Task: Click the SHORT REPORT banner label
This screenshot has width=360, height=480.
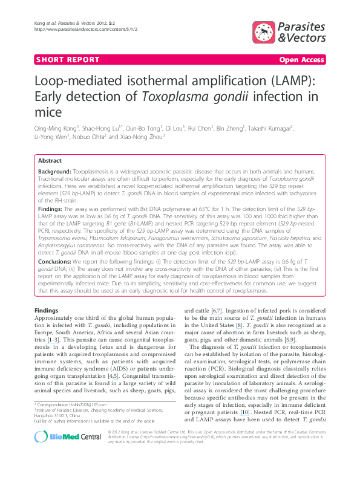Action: (x=68, y=60)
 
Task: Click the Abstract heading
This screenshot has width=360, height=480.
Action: (x=50, y=161)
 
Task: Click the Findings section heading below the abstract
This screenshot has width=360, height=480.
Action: (x=47, y=310)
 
